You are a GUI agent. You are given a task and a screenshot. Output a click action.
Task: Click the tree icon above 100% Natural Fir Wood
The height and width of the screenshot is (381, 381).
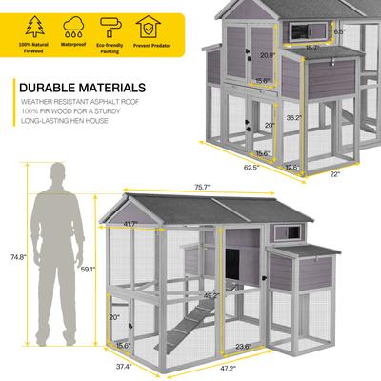tap(34, 25)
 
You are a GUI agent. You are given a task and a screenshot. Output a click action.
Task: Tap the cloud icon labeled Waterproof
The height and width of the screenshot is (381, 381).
tap(74, 25)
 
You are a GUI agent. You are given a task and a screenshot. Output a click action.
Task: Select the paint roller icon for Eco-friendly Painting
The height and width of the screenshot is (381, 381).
tap(111, 25)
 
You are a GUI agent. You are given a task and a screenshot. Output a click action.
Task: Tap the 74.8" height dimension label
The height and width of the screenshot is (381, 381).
tap(11, 256)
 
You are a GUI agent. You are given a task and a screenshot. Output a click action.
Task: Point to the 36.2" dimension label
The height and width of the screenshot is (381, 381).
tap(293, 119)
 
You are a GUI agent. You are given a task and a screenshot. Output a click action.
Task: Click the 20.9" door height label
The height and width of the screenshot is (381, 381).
tap(269, 55)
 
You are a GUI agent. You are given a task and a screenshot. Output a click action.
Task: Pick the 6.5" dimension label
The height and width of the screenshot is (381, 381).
tap(340, 30)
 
